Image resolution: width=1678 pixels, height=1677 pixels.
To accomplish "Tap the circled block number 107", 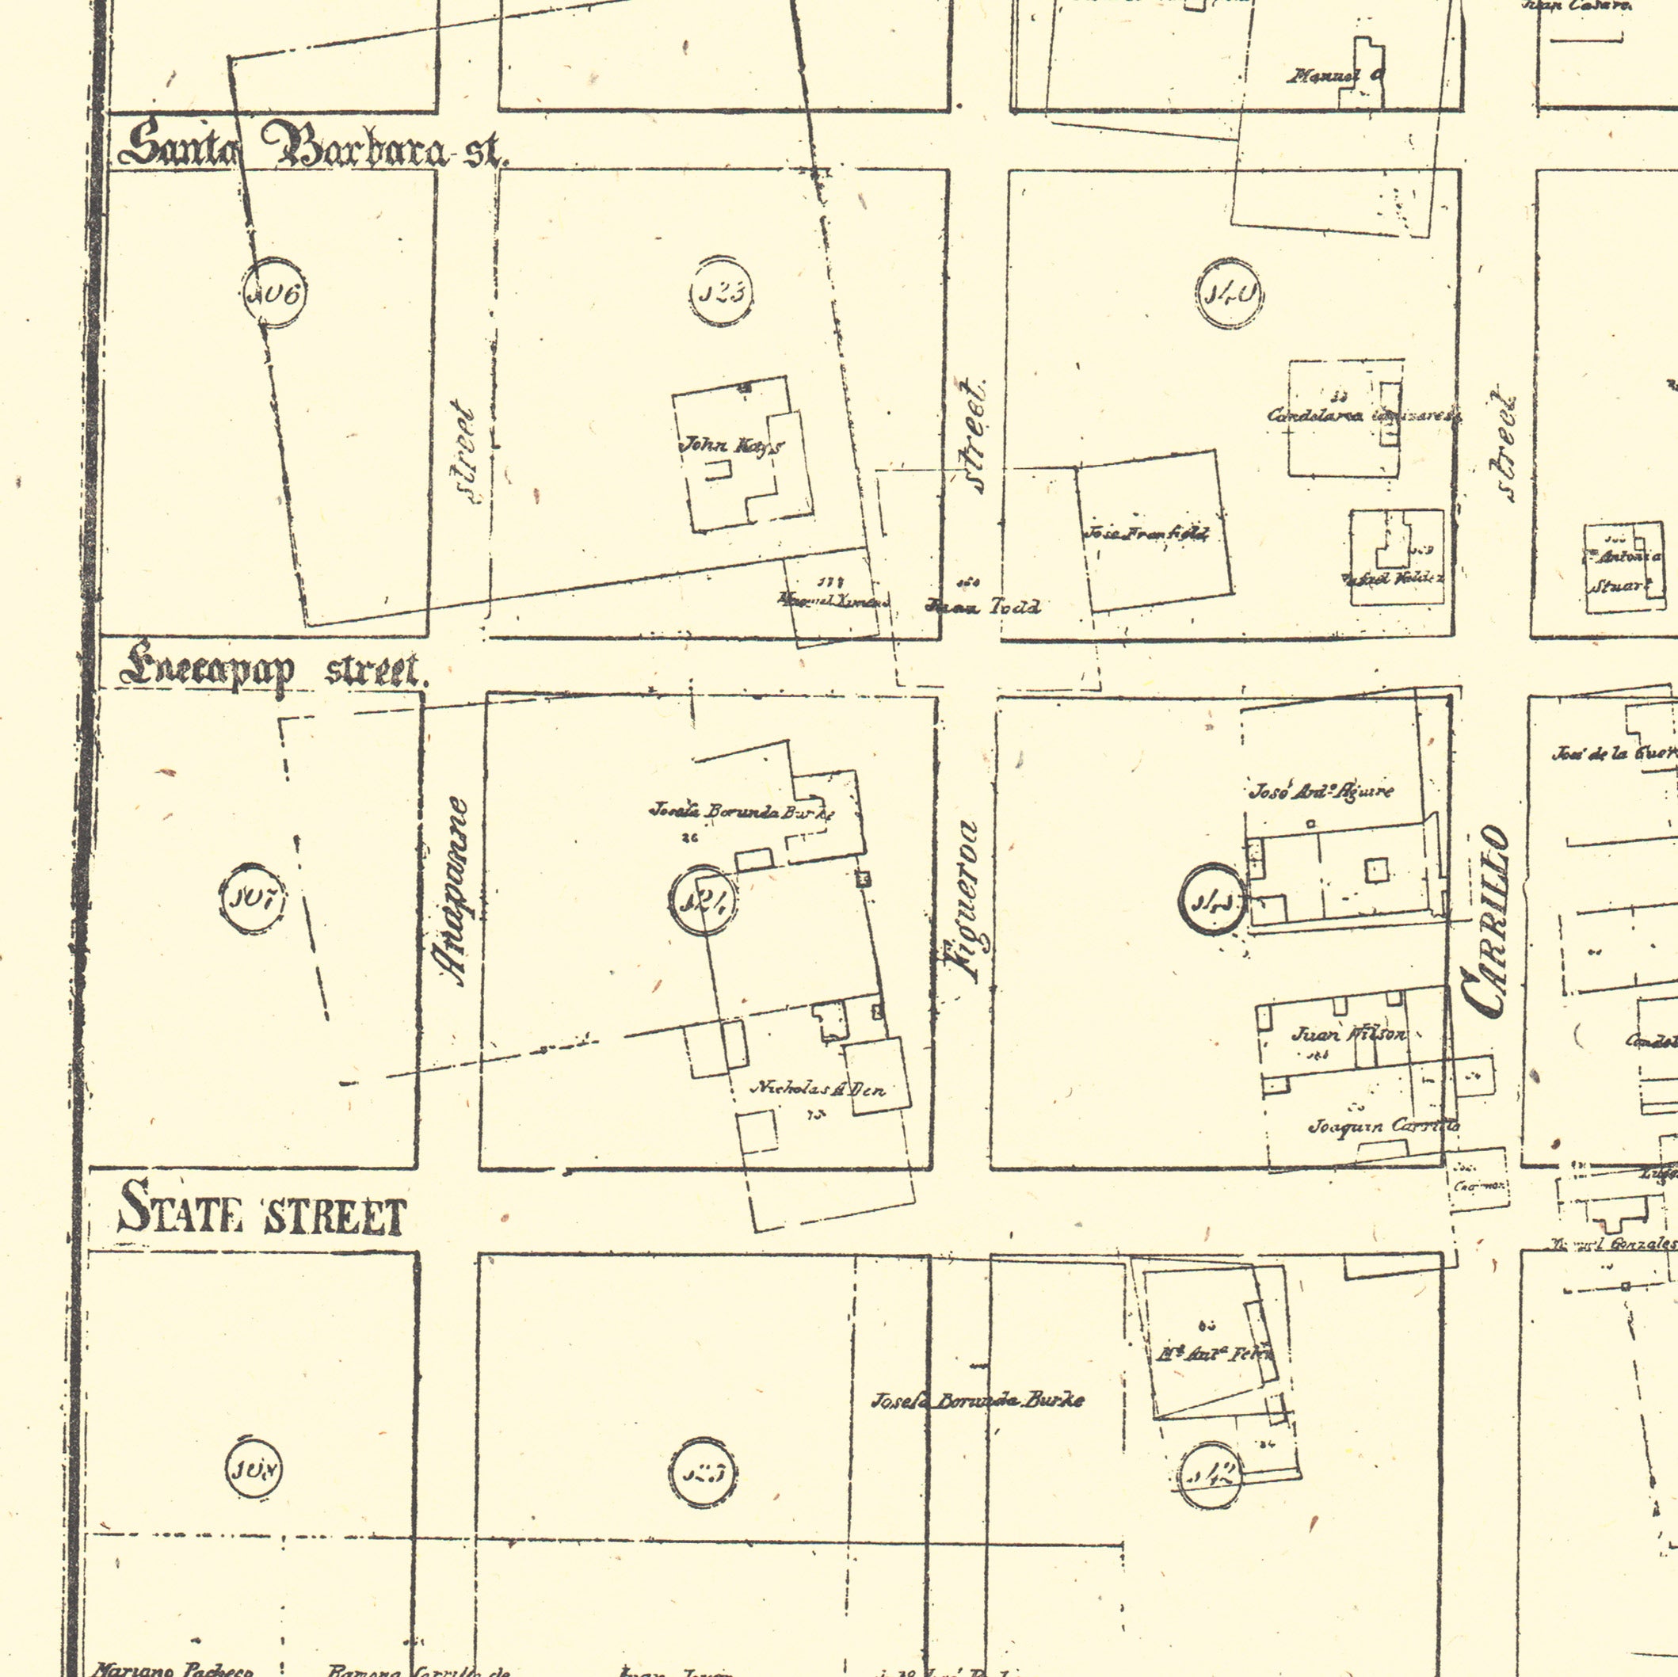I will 251,899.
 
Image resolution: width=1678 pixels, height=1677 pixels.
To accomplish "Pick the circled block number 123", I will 721,292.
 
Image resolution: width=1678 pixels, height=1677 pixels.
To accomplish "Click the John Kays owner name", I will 731,447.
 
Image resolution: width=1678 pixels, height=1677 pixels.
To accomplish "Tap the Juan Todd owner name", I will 983,606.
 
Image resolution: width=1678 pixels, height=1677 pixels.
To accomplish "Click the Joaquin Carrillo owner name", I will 1383,1126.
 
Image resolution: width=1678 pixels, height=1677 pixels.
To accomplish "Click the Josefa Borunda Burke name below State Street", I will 978,1400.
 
